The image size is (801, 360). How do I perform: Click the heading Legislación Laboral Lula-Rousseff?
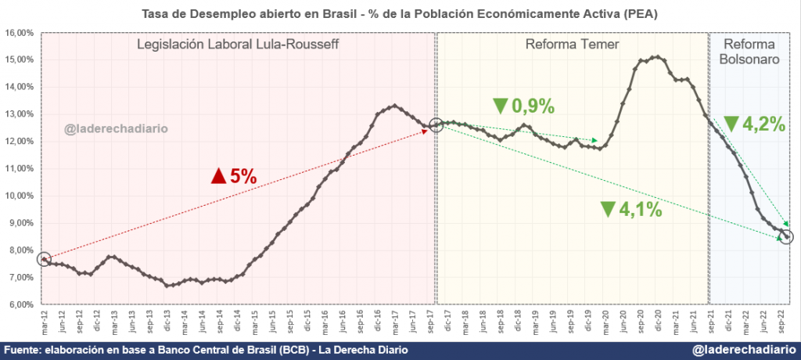click(239, 44)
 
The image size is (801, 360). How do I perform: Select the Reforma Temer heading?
click(572, 44)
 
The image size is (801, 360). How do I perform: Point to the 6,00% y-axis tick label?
click(19, 305)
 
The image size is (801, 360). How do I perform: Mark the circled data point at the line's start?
click(45, 259)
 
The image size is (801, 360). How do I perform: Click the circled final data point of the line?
click(786, 236)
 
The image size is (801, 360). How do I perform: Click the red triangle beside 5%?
click(218, 177)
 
